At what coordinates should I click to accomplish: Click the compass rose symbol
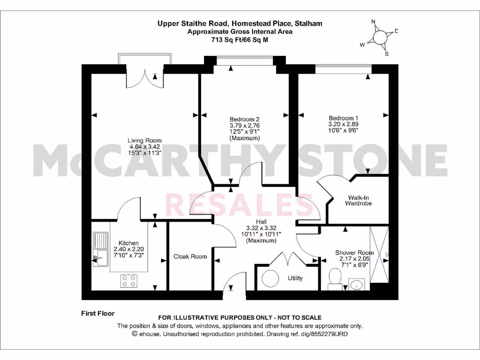coord(381,37)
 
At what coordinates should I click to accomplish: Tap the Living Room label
coord(145,140)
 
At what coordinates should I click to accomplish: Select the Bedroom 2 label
coord(244,119)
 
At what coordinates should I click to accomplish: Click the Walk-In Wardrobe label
coord(358,200)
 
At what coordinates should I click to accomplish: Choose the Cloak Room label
coord(190,256)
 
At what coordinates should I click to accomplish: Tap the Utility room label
coord(295,278)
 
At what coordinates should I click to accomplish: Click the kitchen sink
coord(100,248)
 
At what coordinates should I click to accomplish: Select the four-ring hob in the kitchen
coord(129,280)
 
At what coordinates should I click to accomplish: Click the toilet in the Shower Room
coord(335,277)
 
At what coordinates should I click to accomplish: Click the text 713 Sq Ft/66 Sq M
coord(240,40)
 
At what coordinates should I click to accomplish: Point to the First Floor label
coord(98,314)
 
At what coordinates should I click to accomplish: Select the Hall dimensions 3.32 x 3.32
coord(261,228)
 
